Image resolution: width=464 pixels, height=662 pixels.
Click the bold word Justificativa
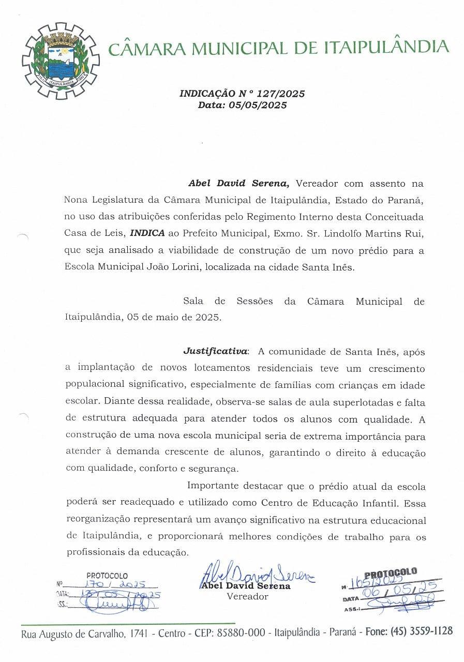point(215,351)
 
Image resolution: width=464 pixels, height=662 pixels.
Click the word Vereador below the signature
point(248,596)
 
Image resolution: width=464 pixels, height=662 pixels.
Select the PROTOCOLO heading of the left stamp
point(107,575)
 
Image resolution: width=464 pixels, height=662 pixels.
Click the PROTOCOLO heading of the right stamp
point(391,573)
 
